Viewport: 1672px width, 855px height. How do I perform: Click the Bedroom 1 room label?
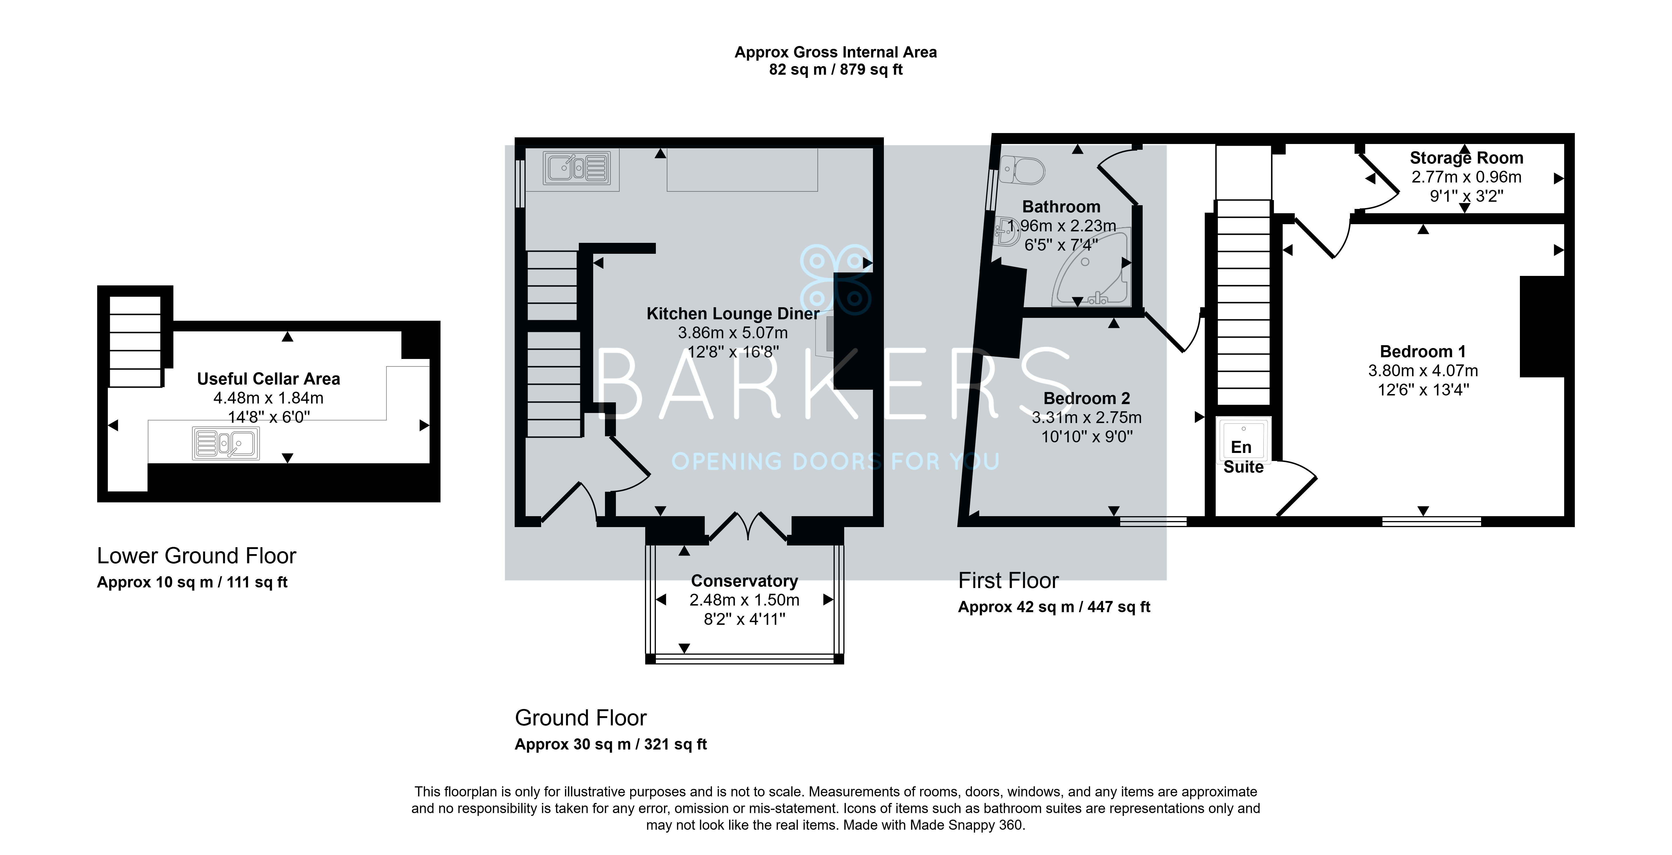coord(1422,351)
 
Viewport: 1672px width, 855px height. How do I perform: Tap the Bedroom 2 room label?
coord(1087,398)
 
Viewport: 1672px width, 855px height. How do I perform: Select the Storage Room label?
coord(1466,158)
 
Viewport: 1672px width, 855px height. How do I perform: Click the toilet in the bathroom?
coord(1022,170)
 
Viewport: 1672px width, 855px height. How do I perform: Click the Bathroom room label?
coord(1061,207)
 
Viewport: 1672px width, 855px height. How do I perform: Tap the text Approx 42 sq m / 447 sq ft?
coord(1054,607)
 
